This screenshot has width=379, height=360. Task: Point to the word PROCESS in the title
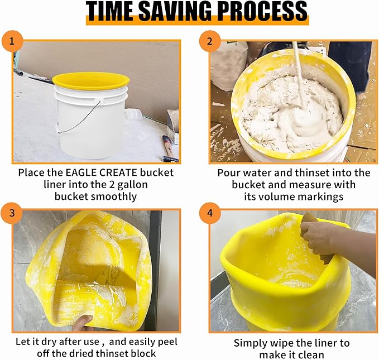pos(262,12)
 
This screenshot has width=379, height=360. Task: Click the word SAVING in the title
pos(178,12)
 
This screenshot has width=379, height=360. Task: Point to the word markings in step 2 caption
pos(323,196)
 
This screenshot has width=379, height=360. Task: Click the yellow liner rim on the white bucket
pos(91,80)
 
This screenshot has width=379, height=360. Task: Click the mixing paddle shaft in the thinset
pos(298,73)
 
